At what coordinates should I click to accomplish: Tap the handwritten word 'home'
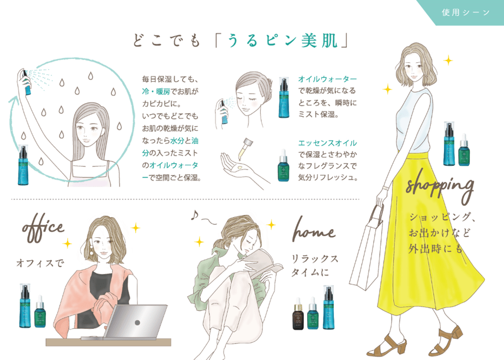[x=314, y=230]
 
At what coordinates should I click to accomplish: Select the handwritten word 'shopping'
[x=440, y=187]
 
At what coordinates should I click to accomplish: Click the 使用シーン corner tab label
[x=466, y=13]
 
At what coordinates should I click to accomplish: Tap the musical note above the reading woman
[x=194, y=215]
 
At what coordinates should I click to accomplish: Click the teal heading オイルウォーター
[x=327, y=79]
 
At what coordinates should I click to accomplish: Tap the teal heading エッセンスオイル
[x=327, y=143]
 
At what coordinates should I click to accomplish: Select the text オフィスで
[x=40, y=263]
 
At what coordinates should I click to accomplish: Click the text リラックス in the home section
[x=315, y=259]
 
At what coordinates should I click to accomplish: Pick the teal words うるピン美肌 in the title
[x=283, y=41]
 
